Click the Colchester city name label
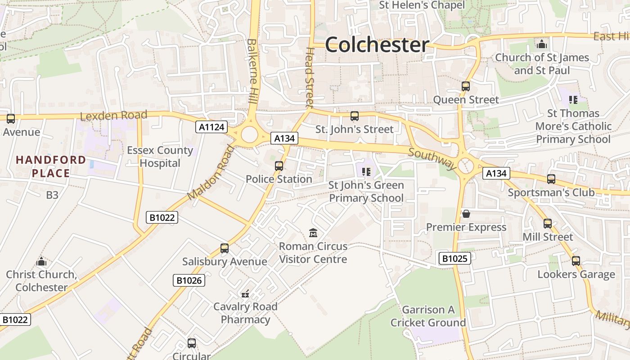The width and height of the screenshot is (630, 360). click(377, 45)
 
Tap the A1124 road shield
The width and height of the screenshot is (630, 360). click(211, 127)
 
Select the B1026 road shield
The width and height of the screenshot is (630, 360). click(189, 281)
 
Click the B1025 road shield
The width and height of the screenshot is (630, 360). click(455, 258)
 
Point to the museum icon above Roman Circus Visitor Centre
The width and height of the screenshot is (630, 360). click(313, 233)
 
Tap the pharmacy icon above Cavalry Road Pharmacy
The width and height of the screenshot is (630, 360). click(245, 294)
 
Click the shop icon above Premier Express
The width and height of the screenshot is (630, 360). click(466, 214)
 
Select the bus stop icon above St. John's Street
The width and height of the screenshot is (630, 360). click(355, 116)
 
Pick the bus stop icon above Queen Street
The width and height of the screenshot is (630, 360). click(466, 86)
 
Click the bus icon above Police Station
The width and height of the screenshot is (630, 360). click(279, 166)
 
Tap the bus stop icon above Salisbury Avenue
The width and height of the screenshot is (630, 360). click(225, 248)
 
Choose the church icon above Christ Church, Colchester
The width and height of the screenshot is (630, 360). click(41, 261)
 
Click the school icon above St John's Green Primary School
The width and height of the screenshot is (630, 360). click(366, 171)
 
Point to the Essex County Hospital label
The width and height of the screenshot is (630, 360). click(160, 157)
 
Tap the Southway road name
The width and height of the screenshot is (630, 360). click(432, 158)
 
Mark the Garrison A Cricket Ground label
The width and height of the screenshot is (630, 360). click(428, 316)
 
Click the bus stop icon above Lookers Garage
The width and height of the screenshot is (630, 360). click(576, 261)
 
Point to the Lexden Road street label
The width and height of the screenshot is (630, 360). click(113, 116)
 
